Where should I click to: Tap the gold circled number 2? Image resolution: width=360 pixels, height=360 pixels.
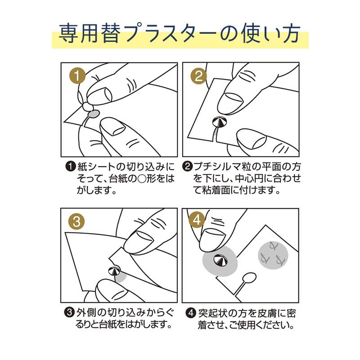click(198, 76)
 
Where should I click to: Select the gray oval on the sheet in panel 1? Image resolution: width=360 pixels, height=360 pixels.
click(94, 115)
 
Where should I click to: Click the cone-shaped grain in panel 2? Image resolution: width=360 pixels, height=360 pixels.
click(220, 122)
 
